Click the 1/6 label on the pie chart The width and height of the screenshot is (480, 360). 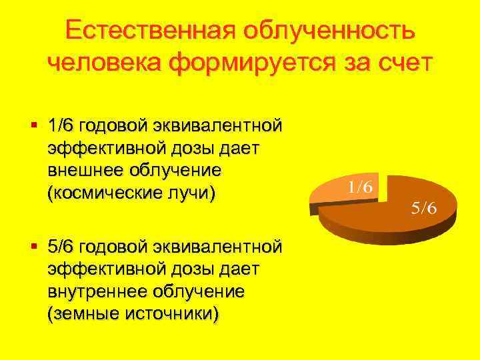[359, 186]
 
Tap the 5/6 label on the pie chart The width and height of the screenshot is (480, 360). [423, 208]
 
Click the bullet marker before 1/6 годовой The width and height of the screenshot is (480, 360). [33, 125]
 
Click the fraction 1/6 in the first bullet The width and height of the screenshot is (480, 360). [61, 125]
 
